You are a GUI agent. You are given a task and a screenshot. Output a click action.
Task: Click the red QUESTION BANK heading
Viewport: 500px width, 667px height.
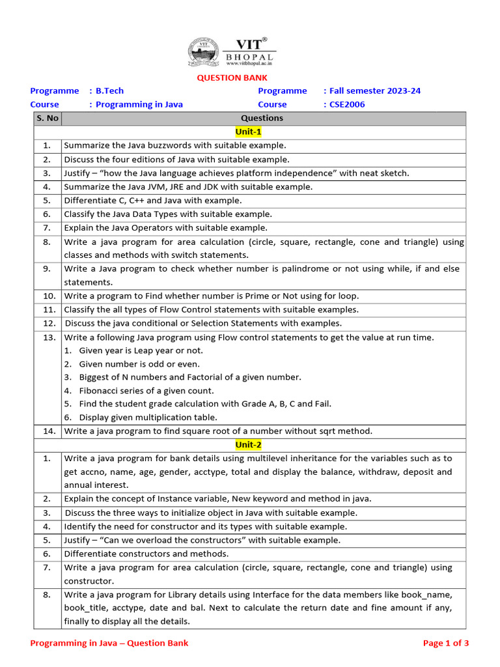point(223,78)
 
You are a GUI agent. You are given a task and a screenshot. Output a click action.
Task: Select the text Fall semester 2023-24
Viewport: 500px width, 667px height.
point(374,91)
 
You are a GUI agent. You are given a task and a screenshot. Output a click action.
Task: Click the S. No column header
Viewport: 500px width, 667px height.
point(48,118)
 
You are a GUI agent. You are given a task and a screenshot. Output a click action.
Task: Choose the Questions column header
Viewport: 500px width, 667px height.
point(262,118)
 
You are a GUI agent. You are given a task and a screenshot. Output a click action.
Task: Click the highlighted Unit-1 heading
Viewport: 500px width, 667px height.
point(248,132)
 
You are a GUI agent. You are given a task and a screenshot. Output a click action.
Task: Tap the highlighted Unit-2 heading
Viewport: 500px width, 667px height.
point(248,444)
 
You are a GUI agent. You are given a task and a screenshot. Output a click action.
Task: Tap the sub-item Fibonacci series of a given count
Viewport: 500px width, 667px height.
point(146,391)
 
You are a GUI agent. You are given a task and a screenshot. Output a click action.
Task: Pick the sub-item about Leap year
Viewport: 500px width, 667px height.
point(141,350)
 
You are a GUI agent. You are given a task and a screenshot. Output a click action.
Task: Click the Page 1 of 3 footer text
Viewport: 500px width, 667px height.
point(446,643)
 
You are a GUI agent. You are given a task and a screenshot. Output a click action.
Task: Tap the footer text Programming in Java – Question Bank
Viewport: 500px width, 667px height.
point(109,643)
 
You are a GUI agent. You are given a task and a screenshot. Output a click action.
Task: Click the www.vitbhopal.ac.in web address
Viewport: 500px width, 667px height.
point(249,64)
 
